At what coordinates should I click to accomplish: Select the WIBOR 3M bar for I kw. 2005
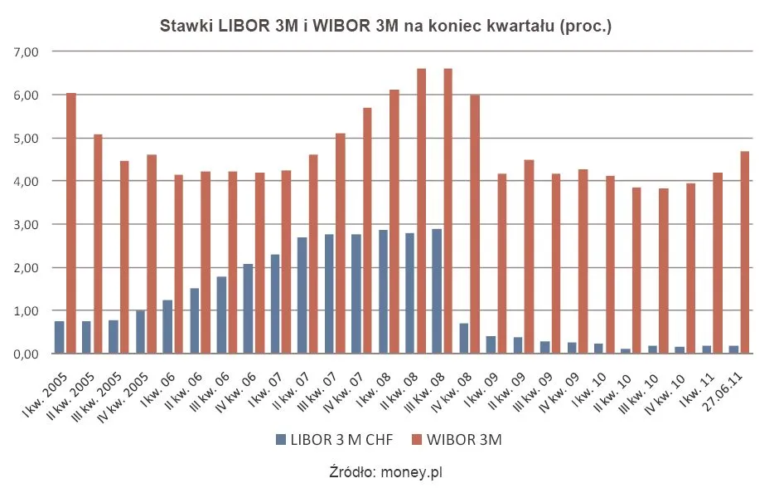click(71, 223)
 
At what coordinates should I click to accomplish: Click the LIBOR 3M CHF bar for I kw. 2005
click(60, 337)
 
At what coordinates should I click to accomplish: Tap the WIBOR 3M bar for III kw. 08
click(448, 211)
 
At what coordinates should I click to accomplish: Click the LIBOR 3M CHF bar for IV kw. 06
click(249, 309)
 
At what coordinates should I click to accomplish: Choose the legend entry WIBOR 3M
click(465, 441)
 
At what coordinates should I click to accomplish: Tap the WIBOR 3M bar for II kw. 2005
click(98, 244)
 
